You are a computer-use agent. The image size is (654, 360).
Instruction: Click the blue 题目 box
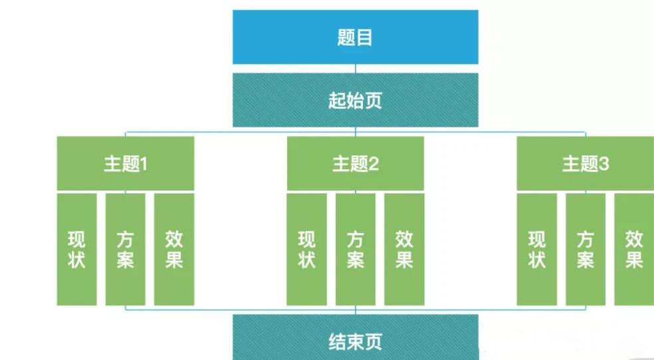[356, 37]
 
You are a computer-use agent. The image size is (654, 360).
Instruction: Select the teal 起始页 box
[356, 100]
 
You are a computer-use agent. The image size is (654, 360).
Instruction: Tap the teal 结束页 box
[356, 337]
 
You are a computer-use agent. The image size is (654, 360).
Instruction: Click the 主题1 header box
[126, 163]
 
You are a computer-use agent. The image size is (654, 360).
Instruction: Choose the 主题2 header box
[356, 163]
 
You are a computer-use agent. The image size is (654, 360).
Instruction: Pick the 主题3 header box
[585, 163]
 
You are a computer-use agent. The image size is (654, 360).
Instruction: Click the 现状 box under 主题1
[76, 249]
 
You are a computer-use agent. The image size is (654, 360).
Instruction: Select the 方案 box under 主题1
[126, 249]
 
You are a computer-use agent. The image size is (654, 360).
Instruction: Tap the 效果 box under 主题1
[174, 249]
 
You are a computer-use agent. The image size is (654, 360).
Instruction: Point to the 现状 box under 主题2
[306, 249]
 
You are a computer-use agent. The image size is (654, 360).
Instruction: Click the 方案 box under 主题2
[356, 249]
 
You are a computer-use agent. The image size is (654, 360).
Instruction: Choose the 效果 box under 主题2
[404, 249]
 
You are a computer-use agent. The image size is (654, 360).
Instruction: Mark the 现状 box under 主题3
[537, 249]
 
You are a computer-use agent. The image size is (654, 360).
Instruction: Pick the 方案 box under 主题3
[586, 249]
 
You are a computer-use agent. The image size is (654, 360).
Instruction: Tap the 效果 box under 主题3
[634, 249]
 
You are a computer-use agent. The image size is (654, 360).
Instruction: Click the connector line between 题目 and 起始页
[356, 69]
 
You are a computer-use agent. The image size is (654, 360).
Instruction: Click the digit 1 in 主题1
[144, 164]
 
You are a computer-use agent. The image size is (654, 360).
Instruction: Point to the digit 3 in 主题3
[603, 164]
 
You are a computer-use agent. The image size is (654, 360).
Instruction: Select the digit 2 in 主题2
[374, 164]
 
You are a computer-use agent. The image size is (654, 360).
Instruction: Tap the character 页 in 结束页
[374, 341]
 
